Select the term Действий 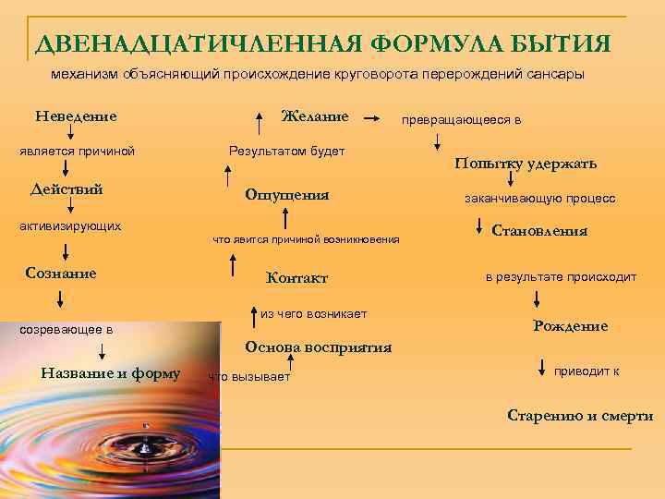[66, 189]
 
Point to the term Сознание [63, 274]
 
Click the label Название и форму [111, 373]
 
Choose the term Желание [315, 116]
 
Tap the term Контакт [296, 278]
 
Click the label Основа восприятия [318, 347]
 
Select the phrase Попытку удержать [526, 164]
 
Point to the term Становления [540, 231]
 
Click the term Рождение [570, 326]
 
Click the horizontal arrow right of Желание [371, 119]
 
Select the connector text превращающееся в [461, 120]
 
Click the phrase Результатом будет [286, 150]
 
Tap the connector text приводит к [586, 371]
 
